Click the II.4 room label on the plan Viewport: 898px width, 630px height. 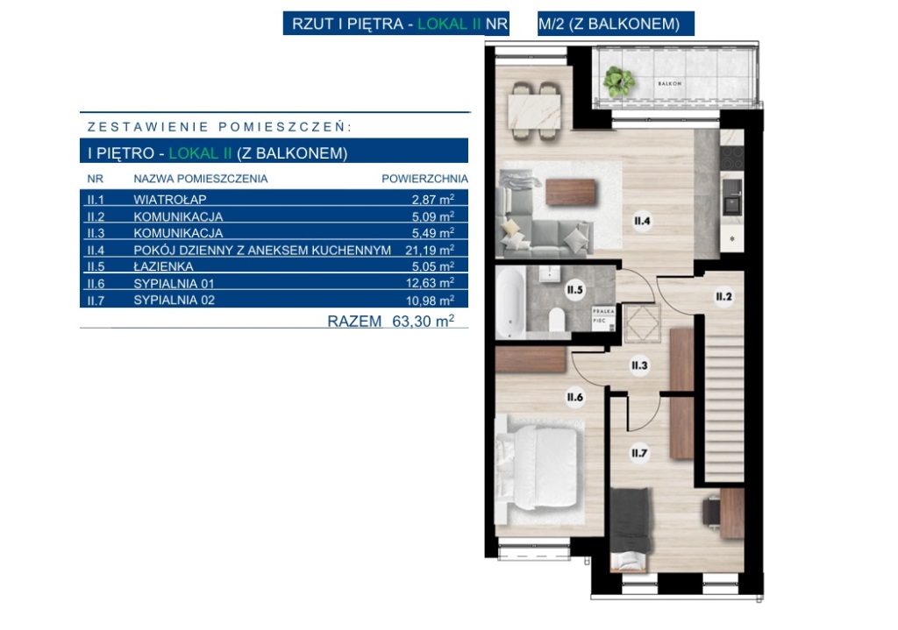pos(642,221)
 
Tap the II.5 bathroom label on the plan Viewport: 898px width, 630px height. pos(574,289)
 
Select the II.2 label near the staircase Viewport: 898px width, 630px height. pos(723,296)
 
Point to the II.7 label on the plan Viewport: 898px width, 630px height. pos(639,453)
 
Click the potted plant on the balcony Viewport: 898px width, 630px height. pos(617,81)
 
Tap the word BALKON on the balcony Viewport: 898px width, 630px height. pos(669,83)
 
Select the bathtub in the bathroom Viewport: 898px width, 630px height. pos(511,301)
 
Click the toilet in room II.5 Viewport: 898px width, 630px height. pos(557,319)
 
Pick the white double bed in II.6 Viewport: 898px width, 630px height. pos(537,468)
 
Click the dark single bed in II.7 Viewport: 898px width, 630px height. pos(631,527)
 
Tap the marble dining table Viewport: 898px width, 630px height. pos(534,111)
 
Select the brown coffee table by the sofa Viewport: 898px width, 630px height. pos(571,192)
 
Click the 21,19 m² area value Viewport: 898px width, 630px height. pos(430,250)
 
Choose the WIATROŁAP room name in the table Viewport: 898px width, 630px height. pos(170,200)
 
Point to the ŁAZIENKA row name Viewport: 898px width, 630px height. pos(163,266)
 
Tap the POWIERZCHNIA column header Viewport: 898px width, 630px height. pos(425,179)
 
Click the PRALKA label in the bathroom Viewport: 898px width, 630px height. pos(603,311)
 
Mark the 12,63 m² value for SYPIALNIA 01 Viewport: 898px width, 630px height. pos(430,283)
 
